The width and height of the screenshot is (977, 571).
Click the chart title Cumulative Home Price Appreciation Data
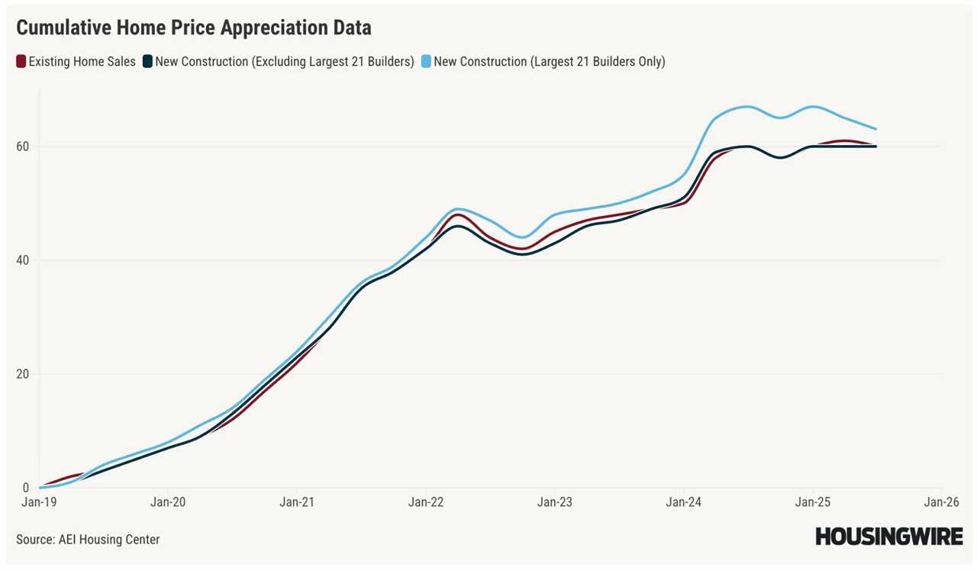[x=194, y=28]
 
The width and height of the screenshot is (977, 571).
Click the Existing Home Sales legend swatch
[x=21, y=62]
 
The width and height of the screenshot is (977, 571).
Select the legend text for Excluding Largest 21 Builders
[x=285, y=62]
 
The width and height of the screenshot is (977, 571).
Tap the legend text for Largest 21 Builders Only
[x=549, y=62]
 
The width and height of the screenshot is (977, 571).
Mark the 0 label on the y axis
[x=26, y=488]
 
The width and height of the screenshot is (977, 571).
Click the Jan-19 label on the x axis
[x=38, y=502]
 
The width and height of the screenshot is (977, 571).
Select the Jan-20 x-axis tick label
[x=167, y=502]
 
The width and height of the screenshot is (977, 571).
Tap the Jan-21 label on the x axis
[x=296, y=502]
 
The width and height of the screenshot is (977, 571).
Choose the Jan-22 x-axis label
[x=425, y=502]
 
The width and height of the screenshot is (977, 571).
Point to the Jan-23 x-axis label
[x=554, y=502]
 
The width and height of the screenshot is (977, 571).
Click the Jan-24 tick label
[x=683, y=502]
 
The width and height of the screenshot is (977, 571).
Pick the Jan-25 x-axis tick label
[x=812, y=502]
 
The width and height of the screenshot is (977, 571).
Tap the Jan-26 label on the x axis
[x=941, y=502]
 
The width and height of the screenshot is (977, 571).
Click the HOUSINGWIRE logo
[x=888, y=537]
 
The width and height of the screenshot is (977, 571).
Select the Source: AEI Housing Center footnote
[x=88, y=540]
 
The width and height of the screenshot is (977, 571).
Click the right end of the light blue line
[x=875, y=129]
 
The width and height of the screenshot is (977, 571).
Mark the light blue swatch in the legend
[x=427, y=62]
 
